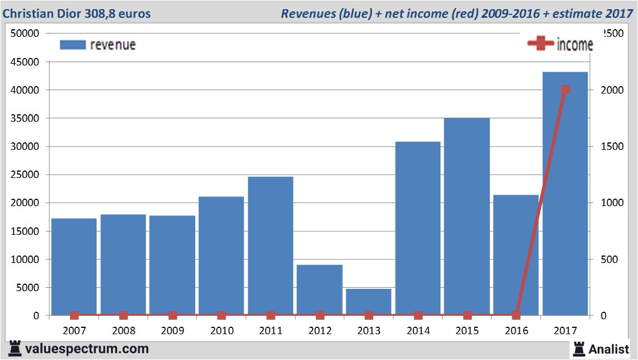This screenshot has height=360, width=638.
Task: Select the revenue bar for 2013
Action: pos(369,302)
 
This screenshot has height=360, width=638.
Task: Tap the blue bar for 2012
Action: pos(319,290)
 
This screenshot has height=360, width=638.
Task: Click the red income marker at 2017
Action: pos(566,90)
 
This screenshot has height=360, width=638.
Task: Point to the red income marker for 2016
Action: pos(516,315)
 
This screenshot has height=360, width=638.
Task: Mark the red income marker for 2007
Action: pos(74,315)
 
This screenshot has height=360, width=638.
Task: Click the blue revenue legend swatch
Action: pos(72,45)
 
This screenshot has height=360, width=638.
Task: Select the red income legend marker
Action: pos(540,44)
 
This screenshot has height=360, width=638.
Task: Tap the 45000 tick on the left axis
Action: pos(25,61)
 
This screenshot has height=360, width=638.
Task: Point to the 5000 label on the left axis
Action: pos(28,287)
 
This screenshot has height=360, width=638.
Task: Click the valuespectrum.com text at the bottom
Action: pos(87,349)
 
